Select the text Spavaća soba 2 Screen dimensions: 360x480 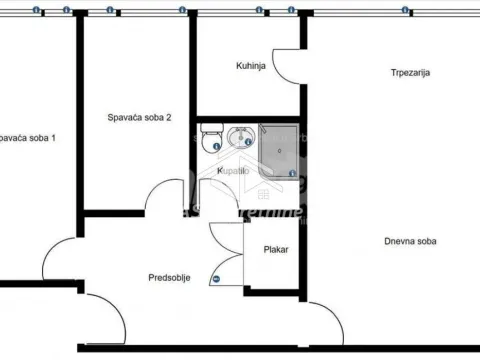coord(139,118)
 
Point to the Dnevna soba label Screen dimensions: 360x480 coord(410,241)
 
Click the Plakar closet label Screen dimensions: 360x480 coord(276,250)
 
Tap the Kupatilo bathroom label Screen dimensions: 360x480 coord(234,172)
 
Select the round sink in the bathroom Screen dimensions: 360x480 coord(241,138)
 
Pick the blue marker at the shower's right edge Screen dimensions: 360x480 coord(291,175)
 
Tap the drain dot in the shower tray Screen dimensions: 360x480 coord(279,152)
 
